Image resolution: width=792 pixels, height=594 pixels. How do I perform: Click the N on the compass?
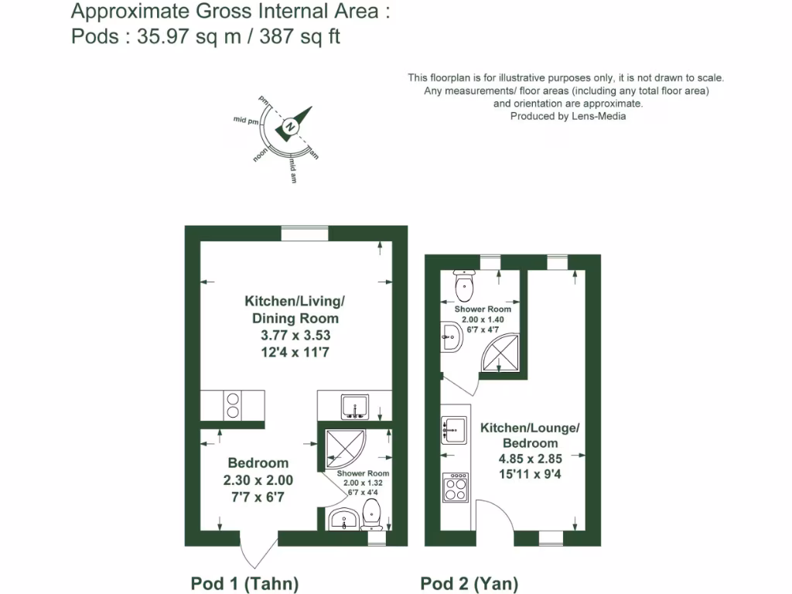coord(290,126)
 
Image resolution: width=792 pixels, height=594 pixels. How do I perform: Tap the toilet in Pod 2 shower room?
coord(464,287)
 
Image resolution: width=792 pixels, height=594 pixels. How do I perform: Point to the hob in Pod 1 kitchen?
coord(233,405)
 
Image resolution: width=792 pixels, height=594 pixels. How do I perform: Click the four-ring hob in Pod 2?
coord(456,487)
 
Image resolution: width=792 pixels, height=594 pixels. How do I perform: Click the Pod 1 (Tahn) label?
coord(244,583)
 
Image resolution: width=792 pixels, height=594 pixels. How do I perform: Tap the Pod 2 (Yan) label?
coord(469,583)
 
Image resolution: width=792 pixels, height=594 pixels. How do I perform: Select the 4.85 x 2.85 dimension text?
coord(530,458)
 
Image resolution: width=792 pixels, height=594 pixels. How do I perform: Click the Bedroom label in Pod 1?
coord(258,463)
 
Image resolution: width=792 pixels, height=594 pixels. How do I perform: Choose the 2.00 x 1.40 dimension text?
coord(483,319)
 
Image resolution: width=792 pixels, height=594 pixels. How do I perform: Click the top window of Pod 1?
coord(305,233)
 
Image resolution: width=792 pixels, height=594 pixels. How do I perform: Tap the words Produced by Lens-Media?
coord(568,116)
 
